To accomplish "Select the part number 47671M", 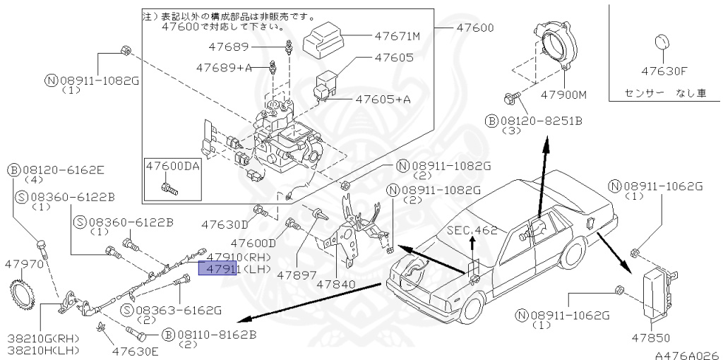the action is (397, 35).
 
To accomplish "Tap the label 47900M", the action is (564, 95).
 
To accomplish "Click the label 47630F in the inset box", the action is (664, 71).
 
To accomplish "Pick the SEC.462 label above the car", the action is (472, 230).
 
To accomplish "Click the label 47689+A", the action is (224, 68).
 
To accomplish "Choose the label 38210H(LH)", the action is (43, 350).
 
